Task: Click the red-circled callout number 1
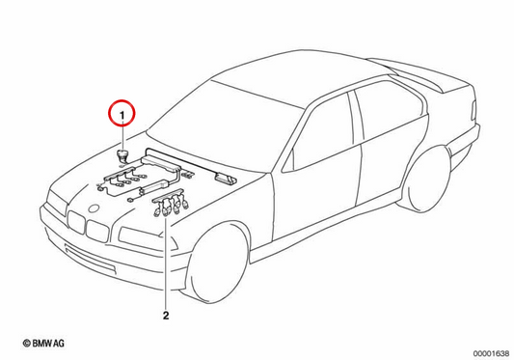pyautogui.click(x=122, y=115)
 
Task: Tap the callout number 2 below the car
pyautogui.click(x=166, y=316)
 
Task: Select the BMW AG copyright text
pyautogui.click(x=43, y=344)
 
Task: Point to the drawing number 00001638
pyautogui.click(x=492, y=353)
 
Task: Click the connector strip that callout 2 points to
pyautogui.click(x=170, y=204)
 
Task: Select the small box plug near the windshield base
pyautogui.click(x=226, y=179)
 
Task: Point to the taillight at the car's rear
pyautogui.click(x=473, y=110)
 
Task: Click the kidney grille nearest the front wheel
pyautogui.click(x=97, y=231)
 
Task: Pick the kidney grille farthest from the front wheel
pyautogui.click(x=76, y=222)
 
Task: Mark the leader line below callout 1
pyautogui.click(x=122, y=137)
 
